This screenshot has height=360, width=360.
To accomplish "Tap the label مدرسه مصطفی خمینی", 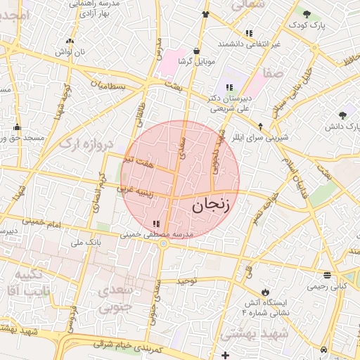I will tap(155, 234).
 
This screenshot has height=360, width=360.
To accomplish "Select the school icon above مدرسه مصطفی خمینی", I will tap(155, 224).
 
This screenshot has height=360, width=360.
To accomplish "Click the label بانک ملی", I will tap(86, 243).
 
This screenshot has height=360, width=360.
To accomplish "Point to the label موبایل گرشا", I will tap(195, 61).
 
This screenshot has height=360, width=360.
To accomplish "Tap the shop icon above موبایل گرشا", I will tap(195, 51).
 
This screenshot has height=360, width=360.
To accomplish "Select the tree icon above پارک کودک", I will tap(307, 13).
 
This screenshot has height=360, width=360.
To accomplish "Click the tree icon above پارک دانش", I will tap(342, 115).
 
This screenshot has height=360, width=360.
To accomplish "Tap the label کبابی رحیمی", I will tap(328, 286).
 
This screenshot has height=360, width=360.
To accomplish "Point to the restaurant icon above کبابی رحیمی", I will tap(328, 275).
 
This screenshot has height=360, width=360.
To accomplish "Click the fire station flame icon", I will tap(264, 292).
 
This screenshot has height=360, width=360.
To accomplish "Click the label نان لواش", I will tap(70, 52).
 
